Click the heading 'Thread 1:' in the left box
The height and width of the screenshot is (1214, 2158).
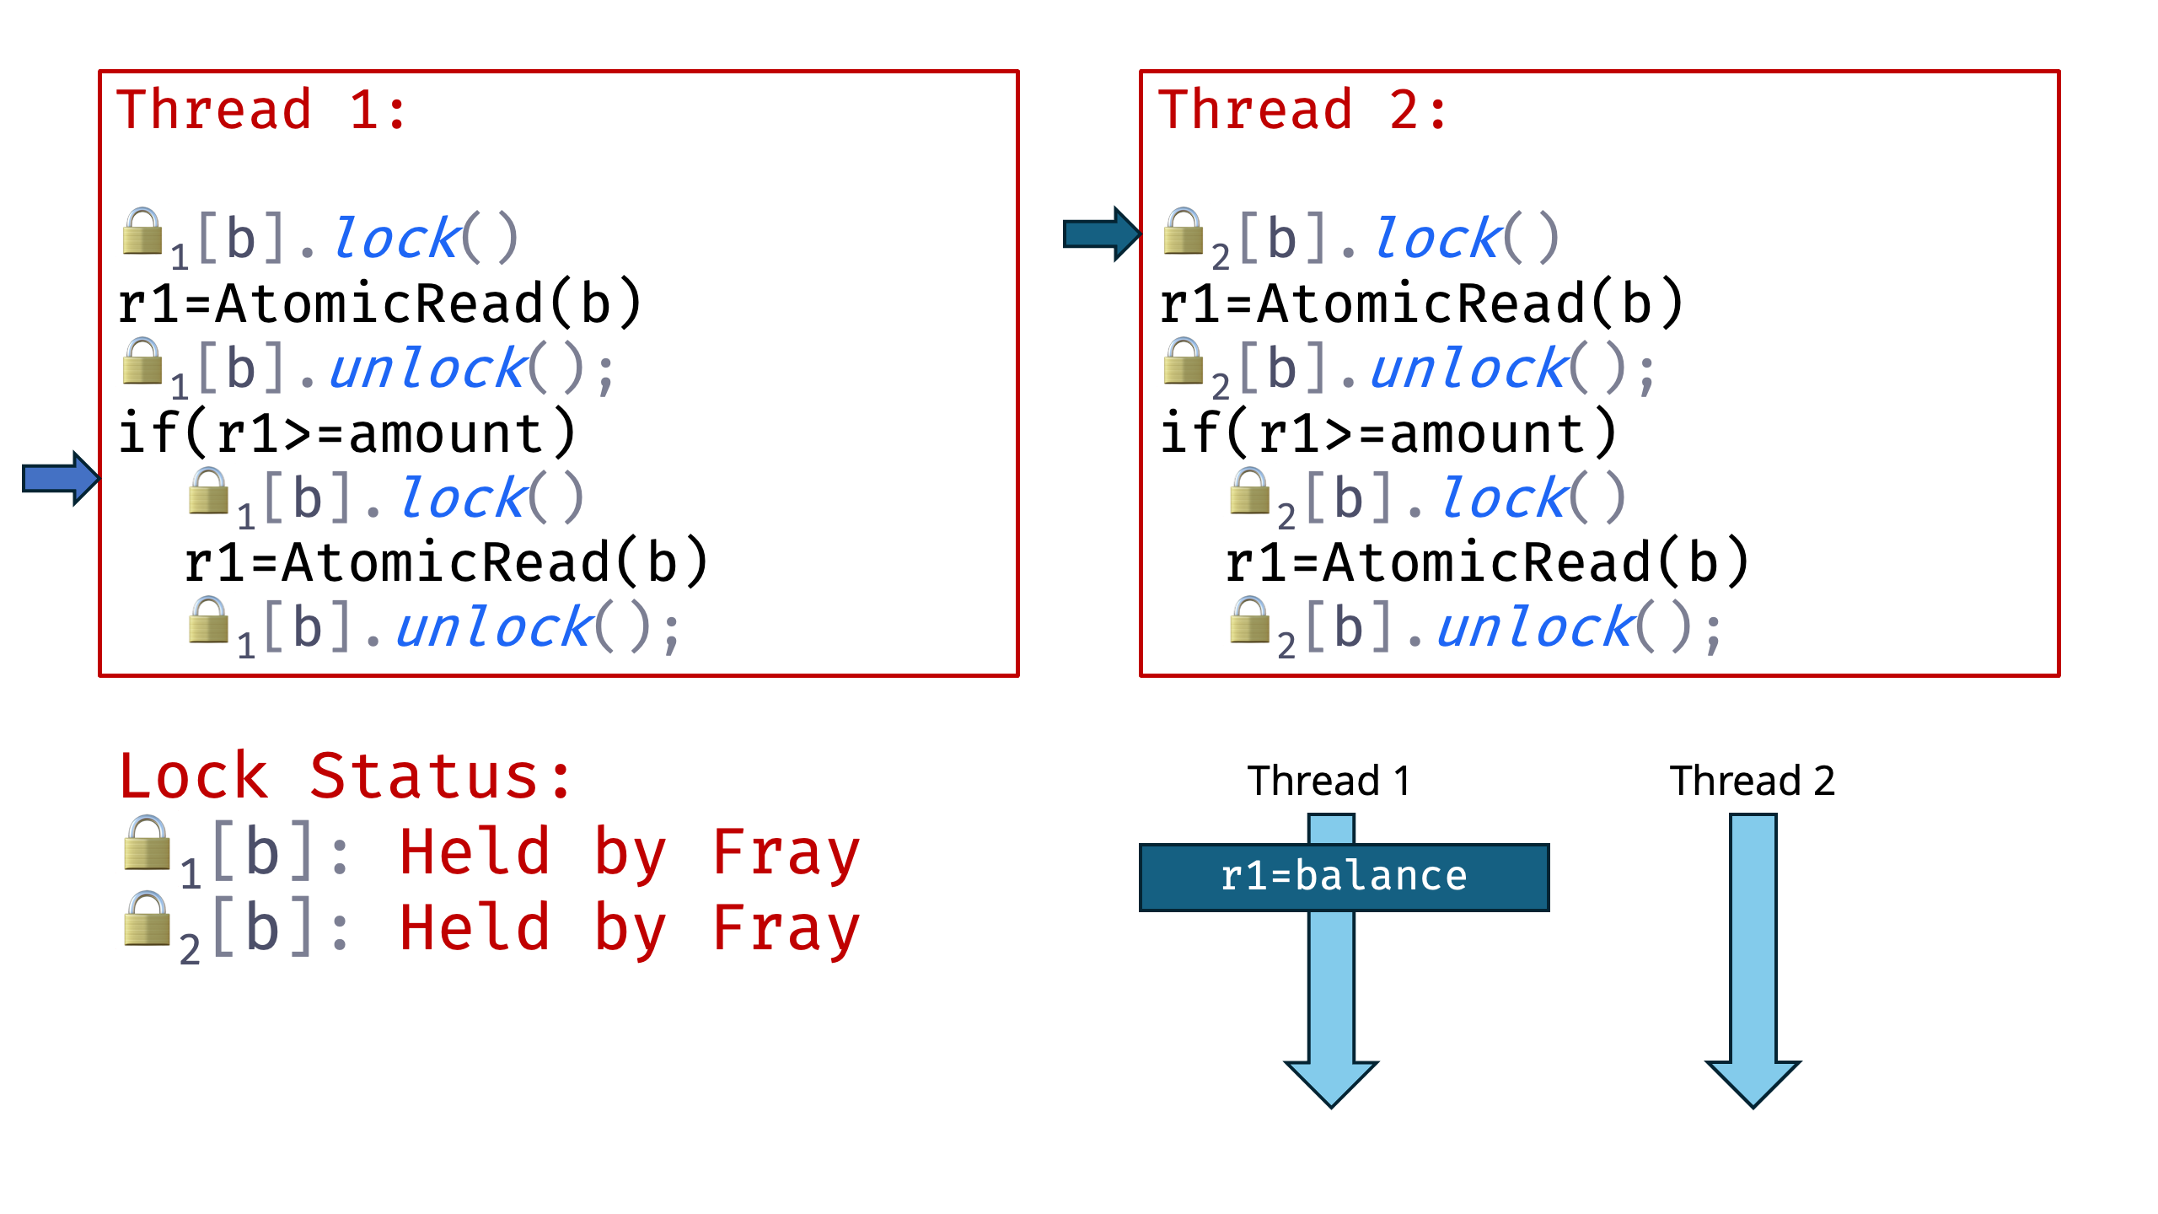[x=262, y=110]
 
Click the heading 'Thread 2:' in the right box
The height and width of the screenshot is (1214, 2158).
[x=1302, y=110]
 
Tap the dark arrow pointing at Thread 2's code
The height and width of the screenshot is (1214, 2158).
[x=1101, y=234]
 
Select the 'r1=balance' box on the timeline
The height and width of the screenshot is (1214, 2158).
[x=1344, y=877]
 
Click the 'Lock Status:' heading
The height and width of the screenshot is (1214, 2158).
[x=346, y=776]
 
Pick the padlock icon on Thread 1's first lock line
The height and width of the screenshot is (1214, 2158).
[x=142, y=232]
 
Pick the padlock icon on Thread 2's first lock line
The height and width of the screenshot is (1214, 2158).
[x=1183, y=232]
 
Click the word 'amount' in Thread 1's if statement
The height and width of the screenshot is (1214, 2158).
[x=446, y=434]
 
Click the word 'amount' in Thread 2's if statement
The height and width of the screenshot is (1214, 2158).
[x=1487, y=434]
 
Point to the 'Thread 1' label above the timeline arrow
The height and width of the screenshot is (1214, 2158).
[x=1329, y=781]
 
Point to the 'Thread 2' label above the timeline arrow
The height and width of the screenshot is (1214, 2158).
[x=1752, y=781]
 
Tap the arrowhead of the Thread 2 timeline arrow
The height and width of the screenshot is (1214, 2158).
[x=1753, y=1082]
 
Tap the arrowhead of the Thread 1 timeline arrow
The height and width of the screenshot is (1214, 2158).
[x=1331, y=1082]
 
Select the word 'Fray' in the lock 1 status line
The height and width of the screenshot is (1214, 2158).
[x=786, y=853]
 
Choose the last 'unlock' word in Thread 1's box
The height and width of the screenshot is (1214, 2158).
[x=495, y=628]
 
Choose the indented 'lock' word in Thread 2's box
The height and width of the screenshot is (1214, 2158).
[x=1504, y=498]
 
